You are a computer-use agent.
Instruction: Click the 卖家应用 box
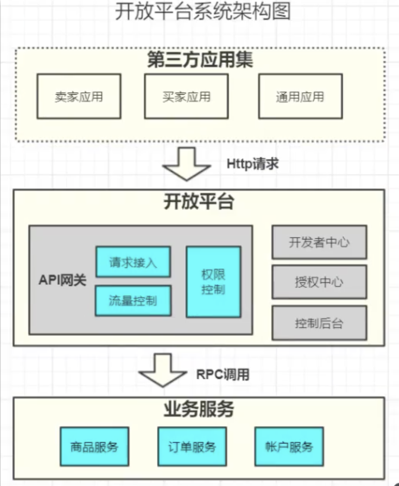point(79,96)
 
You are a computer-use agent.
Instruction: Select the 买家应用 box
point(186,96)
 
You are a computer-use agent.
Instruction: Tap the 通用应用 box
point(300,96)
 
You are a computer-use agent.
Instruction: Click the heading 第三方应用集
point(200,60)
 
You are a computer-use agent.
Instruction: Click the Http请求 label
point(252,164)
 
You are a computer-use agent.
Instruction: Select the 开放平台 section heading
point(199,201)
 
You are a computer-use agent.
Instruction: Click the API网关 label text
point(62,280)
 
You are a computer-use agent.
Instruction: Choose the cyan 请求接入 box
point(133,261)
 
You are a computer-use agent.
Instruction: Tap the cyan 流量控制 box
point(133,300)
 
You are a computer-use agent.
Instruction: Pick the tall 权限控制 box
point(213,282)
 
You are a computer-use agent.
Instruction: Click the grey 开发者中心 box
point(319,242)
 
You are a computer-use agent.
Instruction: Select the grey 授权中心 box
point(319,282)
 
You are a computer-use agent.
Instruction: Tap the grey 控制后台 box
point(319,323)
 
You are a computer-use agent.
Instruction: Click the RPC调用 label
point(223,374)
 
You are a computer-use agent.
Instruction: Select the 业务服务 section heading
point(199,409)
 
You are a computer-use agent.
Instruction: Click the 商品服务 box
point(94,446)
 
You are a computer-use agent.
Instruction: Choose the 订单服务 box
point(192,446)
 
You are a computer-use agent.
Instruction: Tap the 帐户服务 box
point(289,446)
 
